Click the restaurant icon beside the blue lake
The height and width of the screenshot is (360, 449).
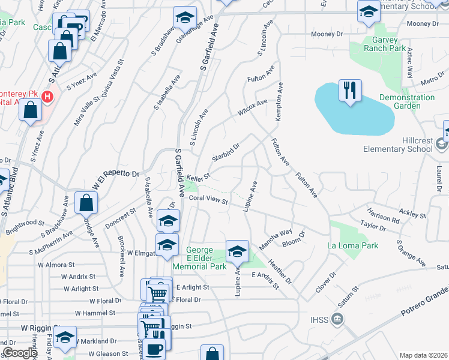point(350,91)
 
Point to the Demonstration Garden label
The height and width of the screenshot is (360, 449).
point(407,101)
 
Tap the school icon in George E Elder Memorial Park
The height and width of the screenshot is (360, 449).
point(237,251)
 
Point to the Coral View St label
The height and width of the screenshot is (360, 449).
point(208,200)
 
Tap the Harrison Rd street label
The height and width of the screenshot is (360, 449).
point(384,216)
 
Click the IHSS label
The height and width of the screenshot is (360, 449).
point(320,319)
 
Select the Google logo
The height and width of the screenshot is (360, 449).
point(20,353)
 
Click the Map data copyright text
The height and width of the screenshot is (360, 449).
point(424,355)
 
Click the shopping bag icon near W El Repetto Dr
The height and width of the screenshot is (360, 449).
point(86,203)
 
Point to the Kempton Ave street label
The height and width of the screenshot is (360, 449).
point(279,104)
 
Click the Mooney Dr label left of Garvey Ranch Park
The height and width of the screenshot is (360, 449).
point(327,34)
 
